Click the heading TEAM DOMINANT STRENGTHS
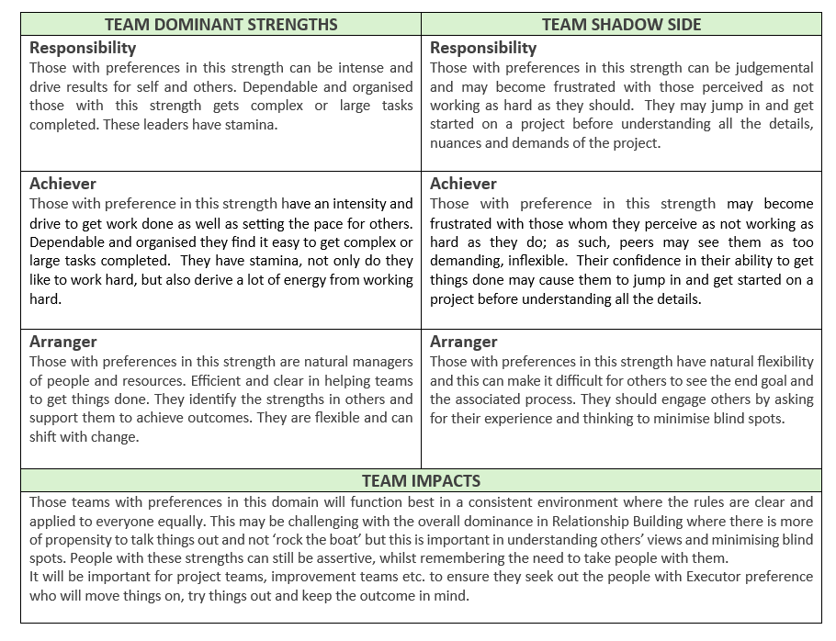(220, 24)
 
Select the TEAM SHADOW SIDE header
(621, 24)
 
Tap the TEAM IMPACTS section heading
(421, 480)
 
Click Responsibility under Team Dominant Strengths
(83, 48)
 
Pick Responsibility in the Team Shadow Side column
(483, 48)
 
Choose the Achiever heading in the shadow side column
(463, 184)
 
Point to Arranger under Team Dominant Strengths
(62, 342)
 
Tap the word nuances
(460, 143)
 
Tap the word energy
(261, 280)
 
